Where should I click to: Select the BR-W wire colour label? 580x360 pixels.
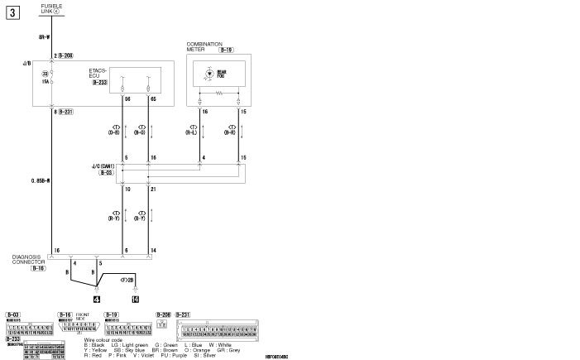(x=44, y=38)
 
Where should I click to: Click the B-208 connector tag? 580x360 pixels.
(x=65, y=55)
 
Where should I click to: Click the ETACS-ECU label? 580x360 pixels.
(x=98, y=74)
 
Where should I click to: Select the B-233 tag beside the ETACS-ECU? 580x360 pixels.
(x=99, y=83)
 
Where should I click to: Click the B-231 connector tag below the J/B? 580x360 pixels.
(x=65, y=111)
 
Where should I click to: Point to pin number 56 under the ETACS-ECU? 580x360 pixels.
(x=127, y=98)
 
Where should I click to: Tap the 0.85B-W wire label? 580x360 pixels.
(x=40, y=179)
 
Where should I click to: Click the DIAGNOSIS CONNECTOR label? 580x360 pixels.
(x=31, y=259)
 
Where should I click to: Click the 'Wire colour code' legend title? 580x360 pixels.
(x=103, y=339)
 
